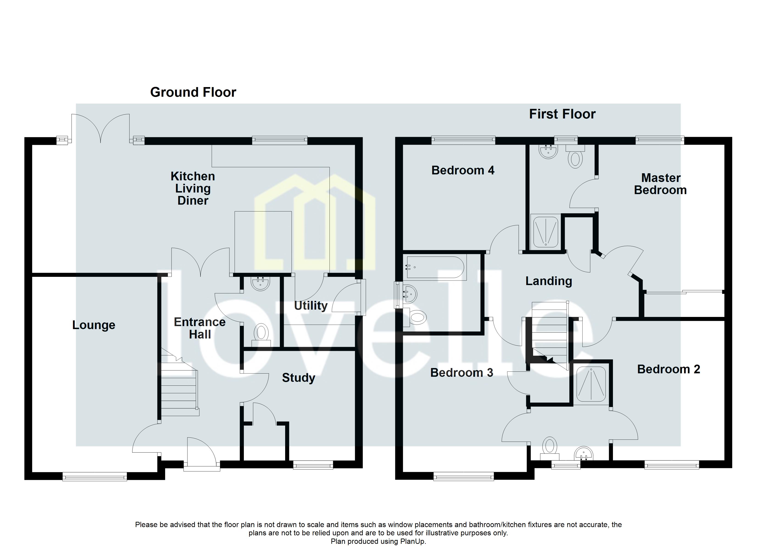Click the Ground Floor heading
[193, 92]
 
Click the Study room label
[298, 378]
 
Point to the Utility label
[310, 305]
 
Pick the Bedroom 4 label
[463, 170]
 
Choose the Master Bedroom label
[660, 184]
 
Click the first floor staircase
[549, 333]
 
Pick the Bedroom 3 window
[463, 478]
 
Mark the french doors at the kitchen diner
[100, 128]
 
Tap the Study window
[313, 465]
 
